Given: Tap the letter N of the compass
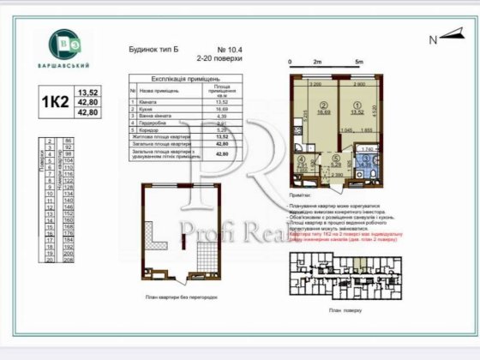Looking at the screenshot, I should pos(433,39).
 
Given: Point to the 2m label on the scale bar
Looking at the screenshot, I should pos(316,63).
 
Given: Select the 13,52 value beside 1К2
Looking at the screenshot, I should pos(88,92).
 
